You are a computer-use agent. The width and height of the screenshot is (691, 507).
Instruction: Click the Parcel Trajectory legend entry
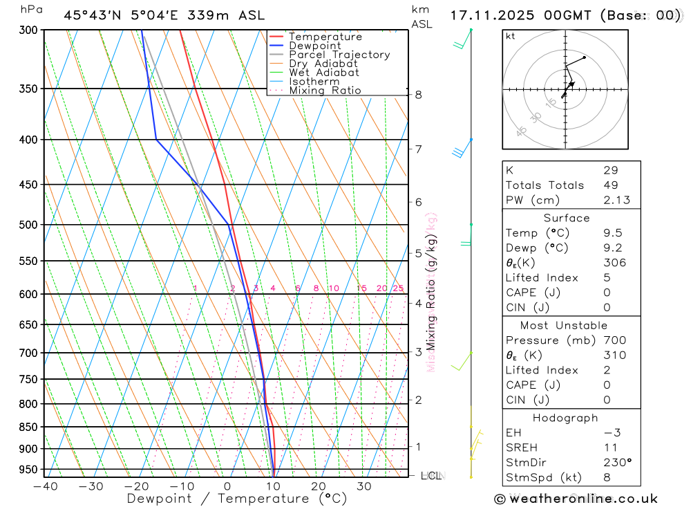339,55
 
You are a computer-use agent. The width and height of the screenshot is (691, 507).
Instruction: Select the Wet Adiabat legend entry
324,73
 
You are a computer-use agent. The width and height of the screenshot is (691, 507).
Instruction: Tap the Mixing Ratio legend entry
325,91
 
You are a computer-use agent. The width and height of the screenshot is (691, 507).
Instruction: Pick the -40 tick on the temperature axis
45,486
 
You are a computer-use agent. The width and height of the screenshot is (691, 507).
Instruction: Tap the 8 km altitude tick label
419,94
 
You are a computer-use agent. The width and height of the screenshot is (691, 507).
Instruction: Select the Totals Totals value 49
611,185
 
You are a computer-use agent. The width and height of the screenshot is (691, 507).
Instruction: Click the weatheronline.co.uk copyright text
576,499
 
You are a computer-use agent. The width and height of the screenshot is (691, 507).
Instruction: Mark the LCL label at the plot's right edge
431,476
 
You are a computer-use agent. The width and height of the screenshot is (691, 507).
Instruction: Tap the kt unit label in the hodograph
511,36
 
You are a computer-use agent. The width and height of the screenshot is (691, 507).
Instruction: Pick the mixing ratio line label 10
334,288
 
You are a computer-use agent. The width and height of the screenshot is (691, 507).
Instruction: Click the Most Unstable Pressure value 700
614,340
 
